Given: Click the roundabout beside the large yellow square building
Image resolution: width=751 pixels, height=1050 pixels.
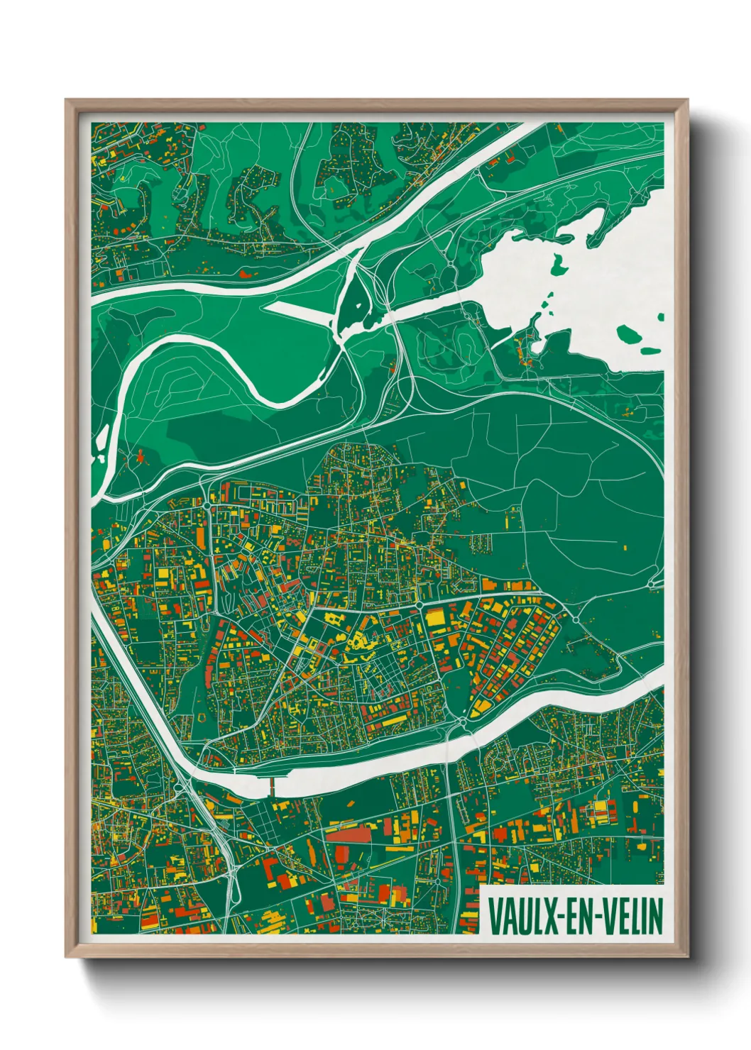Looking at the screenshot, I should (420, 604).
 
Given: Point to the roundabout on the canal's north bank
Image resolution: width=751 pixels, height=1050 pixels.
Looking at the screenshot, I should (463, 721).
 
